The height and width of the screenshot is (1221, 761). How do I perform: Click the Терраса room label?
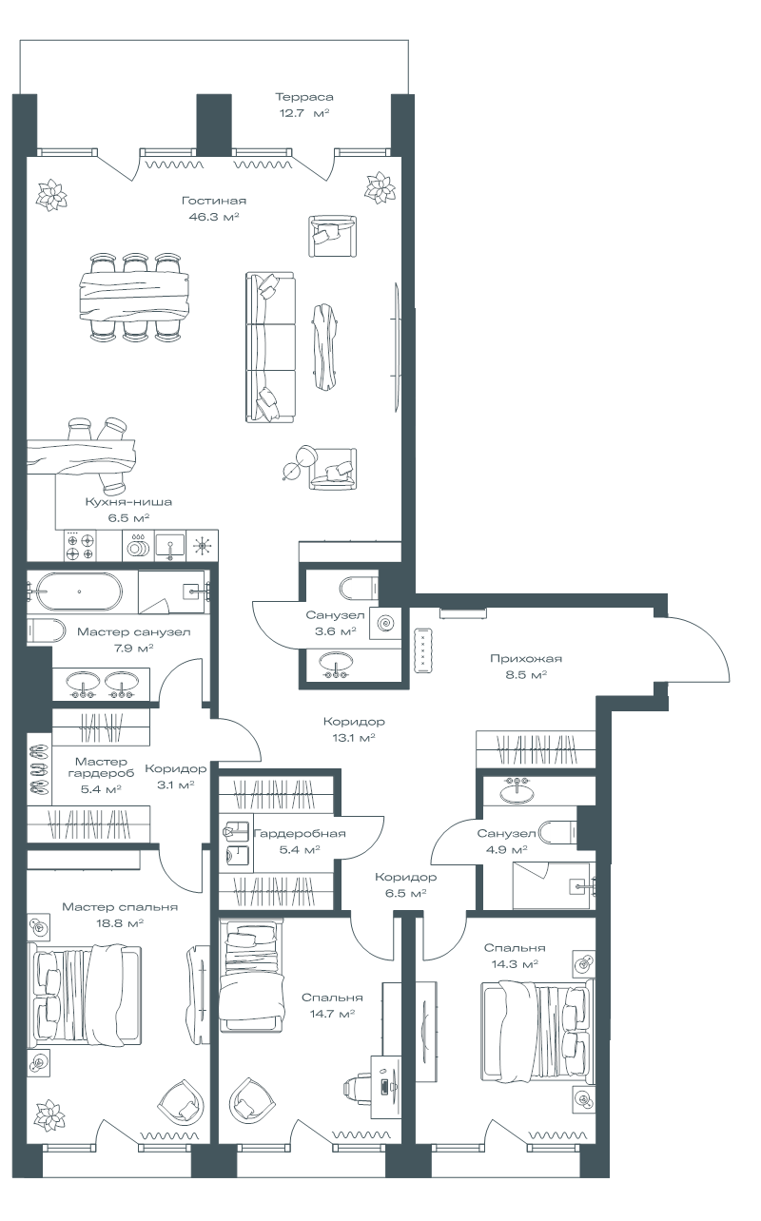pos(304,97)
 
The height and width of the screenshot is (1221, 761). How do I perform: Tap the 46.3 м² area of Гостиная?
pos(214,217)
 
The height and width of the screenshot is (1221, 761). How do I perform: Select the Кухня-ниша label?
pos(128,501)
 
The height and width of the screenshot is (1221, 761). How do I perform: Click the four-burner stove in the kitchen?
pos(80,546)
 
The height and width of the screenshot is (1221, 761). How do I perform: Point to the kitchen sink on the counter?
pos(170,546)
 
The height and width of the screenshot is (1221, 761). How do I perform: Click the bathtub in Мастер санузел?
pos(80,591)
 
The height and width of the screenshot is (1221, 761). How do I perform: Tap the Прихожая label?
pos(526,658)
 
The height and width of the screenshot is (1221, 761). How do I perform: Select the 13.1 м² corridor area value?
pos(354,738)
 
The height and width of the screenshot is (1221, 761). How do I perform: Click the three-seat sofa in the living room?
pos(270,347)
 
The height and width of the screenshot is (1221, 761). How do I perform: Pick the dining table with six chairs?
pos(135,298)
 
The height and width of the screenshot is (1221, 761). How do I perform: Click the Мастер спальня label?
pos(120,907)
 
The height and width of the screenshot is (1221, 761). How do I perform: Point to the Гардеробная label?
pos(300,833)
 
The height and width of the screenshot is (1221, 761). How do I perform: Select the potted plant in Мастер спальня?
pos(50,1114)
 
